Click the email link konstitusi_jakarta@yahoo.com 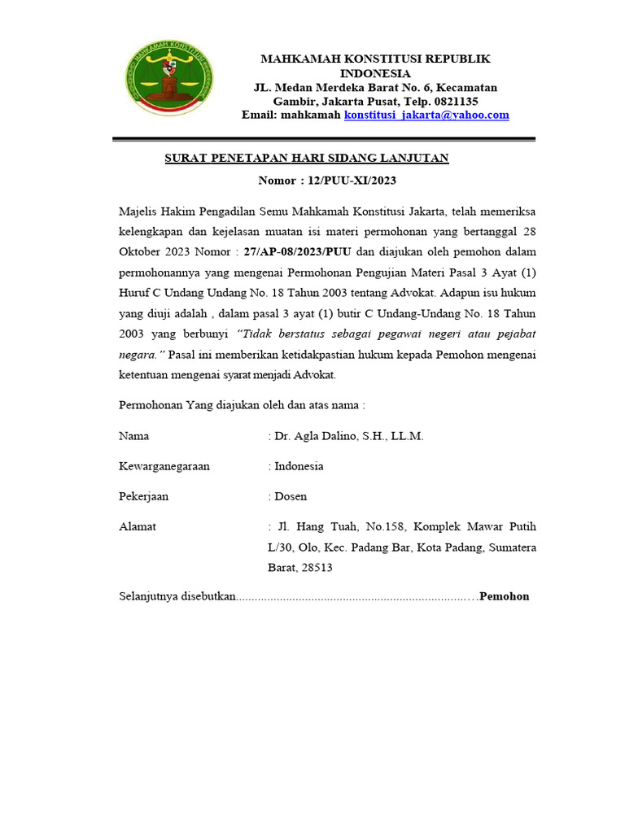click(x=426, y=116)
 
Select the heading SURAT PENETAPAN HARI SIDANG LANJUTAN click(x=307, y=158)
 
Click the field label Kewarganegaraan click(x=164, y=466)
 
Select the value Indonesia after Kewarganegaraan click(x=299, y=466)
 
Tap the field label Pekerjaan click(x=144, y=496)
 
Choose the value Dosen click(x=291, y=496)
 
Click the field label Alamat click(x=138, y=526)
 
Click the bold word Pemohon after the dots click(x=505, y=596)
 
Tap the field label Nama click(x=134, y=436)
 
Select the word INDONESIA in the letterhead click(x=375, y=73)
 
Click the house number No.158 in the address click(x=375, y=526)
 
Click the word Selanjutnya click(x=149, y=596)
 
